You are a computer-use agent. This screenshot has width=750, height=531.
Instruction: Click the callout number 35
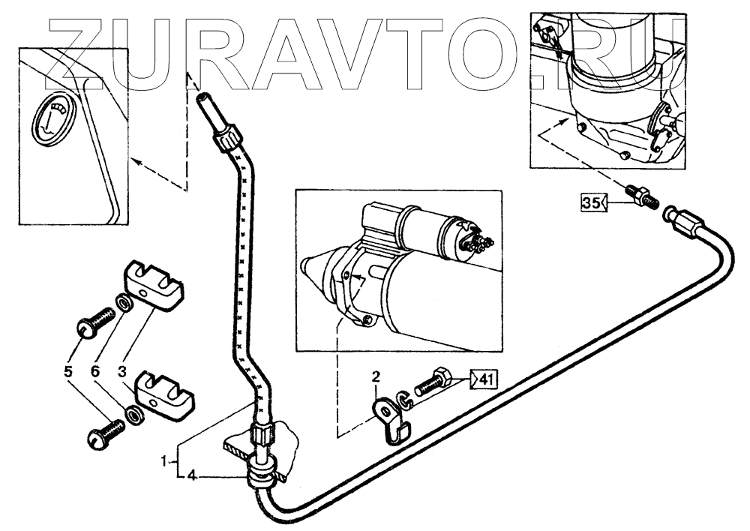592,202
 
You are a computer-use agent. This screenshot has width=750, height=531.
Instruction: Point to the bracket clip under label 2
391,420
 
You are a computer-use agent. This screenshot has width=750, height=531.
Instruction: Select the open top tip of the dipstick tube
203,99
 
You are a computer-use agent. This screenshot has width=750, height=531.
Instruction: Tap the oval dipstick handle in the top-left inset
54,118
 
